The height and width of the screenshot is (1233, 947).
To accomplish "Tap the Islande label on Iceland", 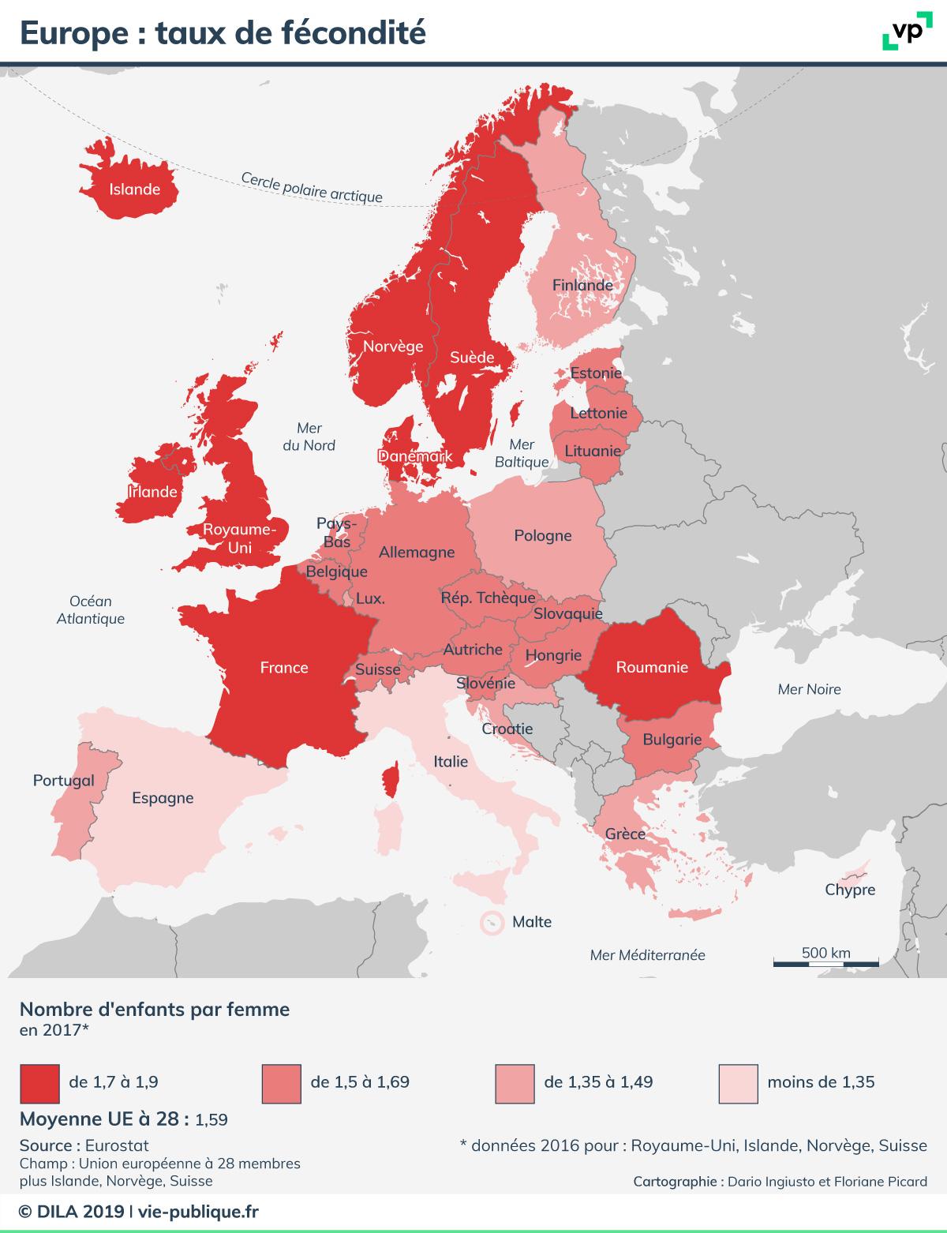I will click(x=134, y=189).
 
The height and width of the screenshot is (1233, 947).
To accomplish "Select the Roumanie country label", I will click(x=652, y=667).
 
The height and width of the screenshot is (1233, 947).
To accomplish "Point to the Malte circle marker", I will click(x=492, y=922).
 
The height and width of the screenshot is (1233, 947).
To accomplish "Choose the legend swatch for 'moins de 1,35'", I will click(x=739, y=1082).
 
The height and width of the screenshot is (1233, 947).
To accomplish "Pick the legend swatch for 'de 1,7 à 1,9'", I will click(x=39, y=1082).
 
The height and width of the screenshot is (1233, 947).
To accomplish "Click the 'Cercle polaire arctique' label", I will click(x=312, y=188).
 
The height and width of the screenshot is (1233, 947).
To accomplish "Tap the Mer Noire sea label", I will click(x=809, y=689).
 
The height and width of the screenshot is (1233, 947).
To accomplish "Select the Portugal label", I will click(x=63, y=781).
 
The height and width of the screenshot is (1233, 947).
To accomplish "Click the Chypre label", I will click(x=850, y=890).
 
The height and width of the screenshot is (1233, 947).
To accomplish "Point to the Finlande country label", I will click(x=582, y=285).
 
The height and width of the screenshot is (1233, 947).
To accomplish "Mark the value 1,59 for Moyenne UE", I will click(x=211, y=1119).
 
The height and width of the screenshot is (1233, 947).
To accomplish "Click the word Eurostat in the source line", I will click(x=117, y=1145).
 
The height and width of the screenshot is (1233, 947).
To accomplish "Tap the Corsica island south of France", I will click(x=389, y=779).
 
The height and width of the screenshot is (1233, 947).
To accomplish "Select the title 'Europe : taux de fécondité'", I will click(x=223, y=32).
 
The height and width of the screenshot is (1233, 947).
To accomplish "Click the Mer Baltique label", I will click(x=522, y=453).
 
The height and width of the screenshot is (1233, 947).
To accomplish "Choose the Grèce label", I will click(x=625, y=834).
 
